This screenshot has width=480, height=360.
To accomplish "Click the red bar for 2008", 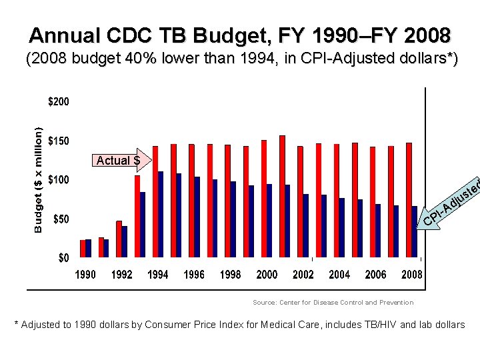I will (x=409, y=200).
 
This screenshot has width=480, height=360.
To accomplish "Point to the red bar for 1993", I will (x=137, y=217).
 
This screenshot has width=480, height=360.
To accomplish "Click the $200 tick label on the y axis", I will (x=58, y=102).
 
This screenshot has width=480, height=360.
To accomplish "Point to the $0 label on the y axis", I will (x=63, y=258).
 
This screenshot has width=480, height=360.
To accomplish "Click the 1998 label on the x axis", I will (x=230, y=275).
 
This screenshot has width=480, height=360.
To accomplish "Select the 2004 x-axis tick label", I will (x=339, y=275).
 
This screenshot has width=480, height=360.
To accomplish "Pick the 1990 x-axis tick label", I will (x=85, y=275).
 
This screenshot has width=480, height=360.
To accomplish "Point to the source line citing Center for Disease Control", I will (x=333, y=302).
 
